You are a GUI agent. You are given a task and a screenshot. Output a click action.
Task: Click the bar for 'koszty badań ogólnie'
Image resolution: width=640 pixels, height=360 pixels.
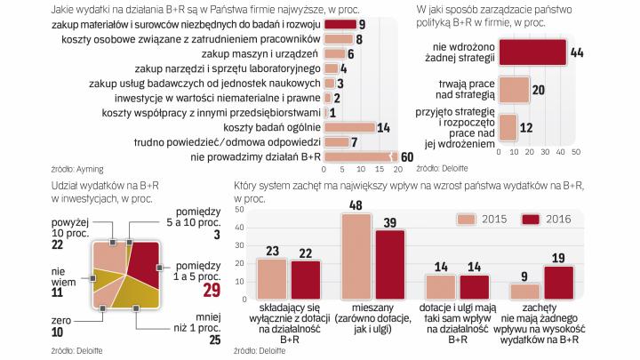(x=337, y=127)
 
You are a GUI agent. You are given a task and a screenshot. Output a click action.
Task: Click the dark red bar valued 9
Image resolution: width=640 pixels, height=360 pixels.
(x=333, y=24)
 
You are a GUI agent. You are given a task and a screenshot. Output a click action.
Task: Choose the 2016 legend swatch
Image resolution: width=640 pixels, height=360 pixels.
(x=531, y=220)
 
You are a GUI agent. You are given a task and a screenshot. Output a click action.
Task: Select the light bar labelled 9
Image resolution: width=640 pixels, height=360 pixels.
(x=525, y=290)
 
